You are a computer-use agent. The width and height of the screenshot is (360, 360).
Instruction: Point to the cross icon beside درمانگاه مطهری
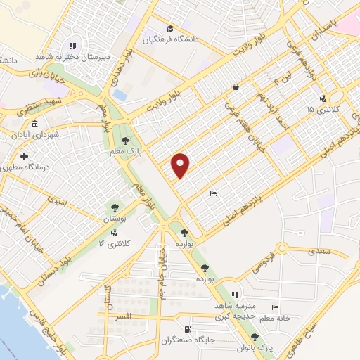point(25,156)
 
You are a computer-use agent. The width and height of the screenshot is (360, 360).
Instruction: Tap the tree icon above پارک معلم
point(125,140)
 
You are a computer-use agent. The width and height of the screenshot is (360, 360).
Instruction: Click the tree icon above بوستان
point(113,207)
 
